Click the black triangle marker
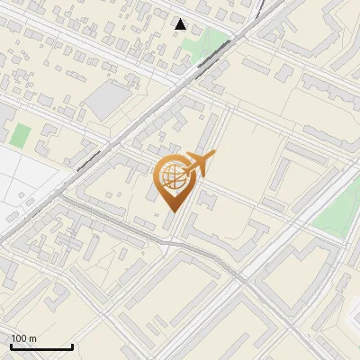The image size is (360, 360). [181, 24]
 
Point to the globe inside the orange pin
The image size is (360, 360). [171, 175]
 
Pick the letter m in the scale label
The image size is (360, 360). [33, 338]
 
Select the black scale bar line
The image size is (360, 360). [40, 346]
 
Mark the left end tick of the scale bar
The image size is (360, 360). [11, 345]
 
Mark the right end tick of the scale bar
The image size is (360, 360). [71, 345]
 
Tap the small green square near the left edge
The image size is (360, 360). [21, 137]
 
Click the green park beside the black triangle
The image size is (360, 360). [212, 40]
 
